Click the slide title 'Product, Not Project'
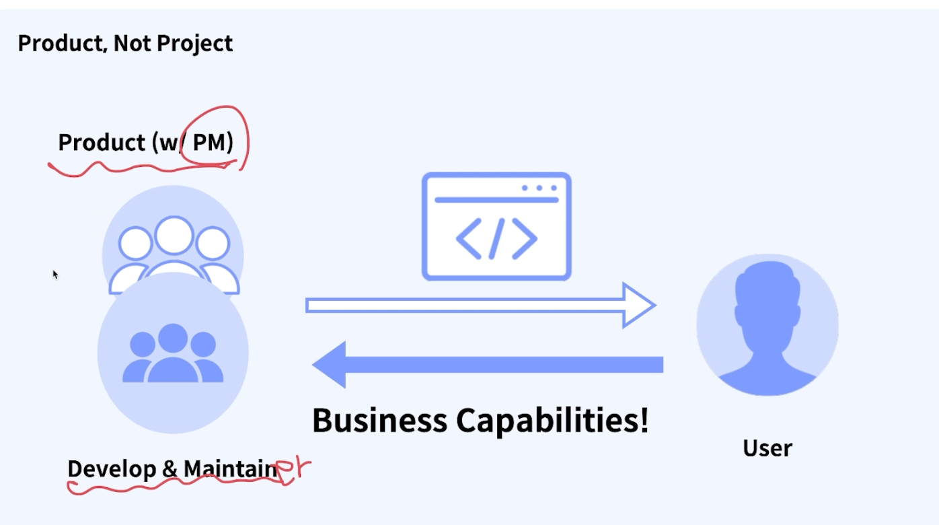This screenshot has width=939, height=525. click(125, 44)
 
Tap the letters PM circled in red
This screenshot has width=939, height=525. click(212, 143)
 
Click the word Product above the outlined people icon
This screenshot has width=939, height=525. click(102, 143)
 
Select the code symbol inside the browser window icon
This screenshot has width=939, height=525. click(496, 238)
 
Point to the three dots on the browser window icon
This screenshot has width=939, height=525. click(539, 188)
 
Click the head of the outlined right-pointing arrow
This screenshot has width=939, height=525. click(638, 306)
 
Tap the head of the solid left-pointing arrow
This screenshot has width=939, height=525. click(330, 365)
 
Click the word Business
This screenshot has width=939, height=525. click(379, 421)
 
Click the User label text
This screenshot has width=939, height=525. click(767, 448)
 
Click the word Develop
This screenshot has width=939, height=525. click(112, 468)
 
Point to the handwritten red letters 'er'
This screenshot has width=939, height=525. click(295, 468)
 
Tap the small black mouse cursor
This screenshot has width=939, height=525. click(55, 274)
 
